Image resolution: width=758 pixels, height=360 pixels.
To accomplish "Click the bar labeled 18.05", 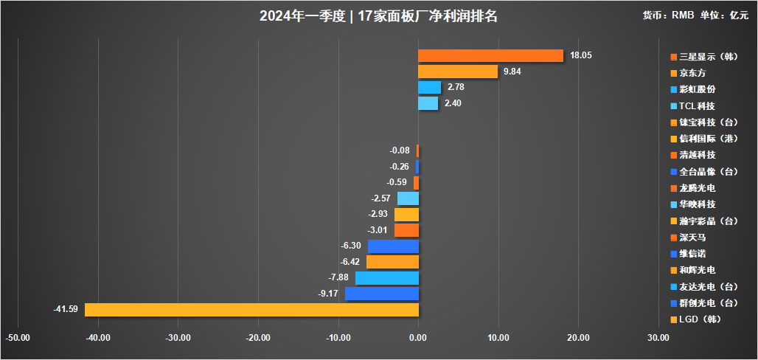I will (490, 55).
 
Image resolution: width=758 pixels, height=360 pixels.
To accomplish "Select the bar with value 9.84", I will (458, 72).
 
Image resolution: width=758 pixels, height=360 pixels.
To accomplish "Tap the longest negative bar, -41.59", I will (251, 309).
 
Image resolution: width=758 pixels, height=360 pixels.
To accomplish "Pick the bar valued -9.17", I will (381, 294).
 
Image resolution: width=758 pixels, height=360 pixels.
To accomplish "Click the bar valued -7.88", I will (386, 278).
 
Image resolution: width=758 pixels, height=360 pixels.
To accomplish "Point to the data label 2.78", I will (456, 88).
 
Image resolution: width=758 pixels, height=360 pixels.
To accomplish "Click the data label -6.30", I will (351, 246).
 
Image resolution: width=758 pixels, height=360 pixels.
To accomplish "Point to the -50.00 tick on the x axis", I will (18, 338).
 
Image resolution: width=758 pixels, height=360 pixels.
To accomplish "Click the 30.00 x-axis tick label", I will (658, 338).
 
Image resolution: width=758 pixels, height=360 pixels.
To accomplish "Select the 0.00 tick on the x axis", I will (418, 338).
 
